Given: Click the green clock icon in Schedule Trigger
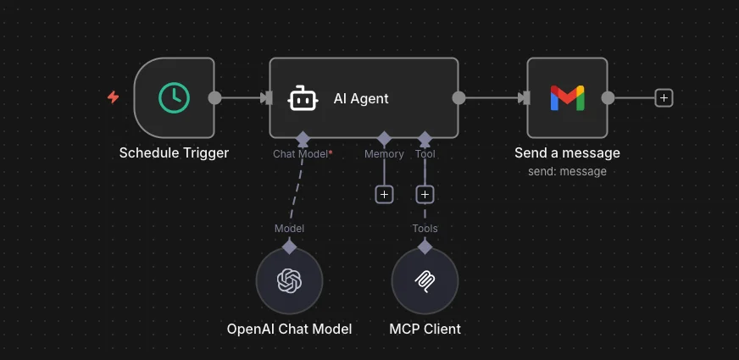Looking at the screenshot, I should coord(174,97).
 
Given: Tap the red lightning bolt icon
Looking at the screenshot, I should coord(113,97).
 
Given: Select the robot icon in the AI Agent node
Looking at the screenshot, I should coord(303,98).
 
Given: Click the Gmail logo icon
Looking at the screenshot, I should coord(567,98).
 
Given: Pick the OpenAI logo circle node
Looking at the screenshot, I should coord(290,280).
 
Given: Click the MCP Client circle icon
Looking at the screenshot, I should coord(425,280).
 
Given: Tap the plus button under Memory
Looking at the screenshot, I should coord(384,195).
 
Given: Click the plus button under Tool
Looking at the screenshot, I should coord(425,195).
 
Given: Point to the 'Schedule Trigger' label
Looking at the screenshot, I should coord(174,153).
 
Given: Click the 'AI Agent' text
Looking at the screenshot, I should coord(361,98).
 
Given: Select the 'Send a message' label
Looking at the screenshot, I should coord(567,153).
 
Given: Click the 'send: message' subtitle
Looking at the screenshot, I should coord(567,171).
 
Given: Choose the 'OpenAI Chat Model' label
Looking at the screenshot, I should coord(289,329).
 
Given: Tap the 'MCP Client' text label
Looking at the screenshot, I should coord(425,329).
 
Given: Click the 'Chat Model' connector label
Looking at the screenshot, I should coord(300,154).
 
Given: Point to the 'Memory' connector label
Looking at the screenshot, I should coord(384,154).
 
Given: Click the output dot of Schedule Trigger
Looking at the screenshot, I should coord(215,97).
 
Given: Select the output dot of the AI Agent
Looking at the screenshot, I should coord(458,97).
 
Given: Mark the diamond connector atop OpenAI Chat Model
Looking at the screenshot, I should coord(290,246).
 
